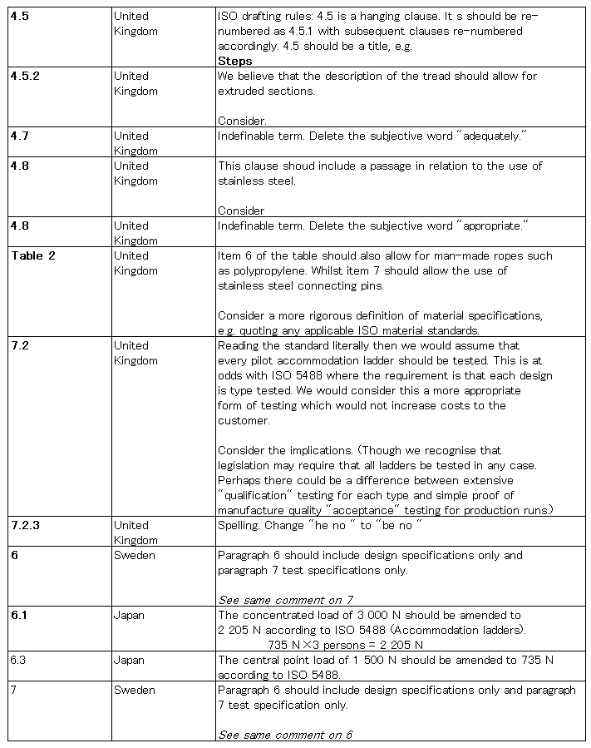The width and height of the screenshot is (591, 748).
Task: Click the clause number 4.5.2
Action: [x=27, y=76]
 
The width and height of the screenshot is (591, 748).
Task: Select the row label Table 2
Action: [x=33, y=255]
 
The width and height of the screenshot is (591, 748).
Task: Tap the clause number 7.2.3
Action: [x=27, y=525]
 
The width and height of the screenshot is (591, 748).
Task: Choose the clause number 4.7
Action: [x=21, y=136]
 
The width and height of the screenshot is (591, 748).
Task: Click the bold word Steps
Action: [x=234, y=61]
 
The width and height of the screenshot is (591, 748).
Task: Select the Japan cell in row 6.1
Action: [x=129, y=615]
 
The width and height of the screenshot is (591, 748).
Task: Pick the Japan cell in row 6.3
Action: [x=129, y=660]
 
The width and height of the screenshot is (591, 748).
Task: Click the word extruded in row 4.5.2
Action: [x=241, y=91]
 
